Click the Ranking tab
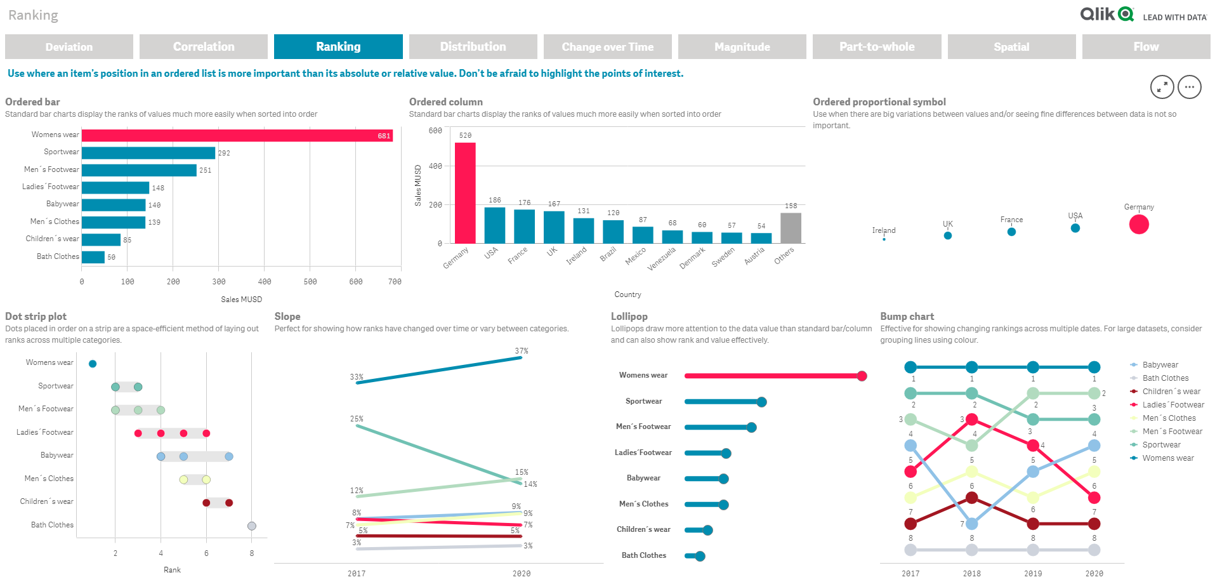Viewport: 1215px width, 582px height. click(338, 46)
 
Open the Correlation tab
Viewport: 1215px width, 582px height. click(204, 46)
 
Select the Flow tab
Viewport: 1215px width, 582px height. click(1146, 46)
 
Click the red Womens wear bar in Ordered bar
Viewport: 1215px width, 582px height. click(237, 135)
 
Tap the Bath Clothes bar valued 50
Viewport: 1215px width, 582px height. click(93, 257)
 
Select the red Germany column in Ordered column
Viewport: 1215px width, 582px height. click(465, 192)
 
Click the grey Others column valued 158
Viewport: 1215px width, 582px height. click(791, 227)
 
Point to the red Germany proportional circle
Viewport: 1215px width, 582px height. click(1139, 224)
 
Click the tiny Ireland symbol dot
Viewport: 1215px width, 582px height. click(884, 239)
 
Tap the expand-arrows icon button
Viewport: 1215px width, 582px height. click(1162, 87)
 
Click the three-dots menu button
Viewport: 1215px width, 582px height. click(1190, 87)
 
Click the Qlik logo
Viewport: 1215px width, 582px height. click(1107, 14)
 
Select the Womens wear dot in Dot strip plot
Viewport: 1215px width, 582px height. click(93, 364)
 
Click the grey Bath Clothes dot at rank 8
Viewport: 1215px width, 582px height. click(252, 526)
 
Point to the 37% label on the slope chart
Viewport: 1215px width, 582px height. click(522, 351)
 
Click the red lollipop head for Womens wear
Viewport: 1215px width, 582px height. click(862, 376)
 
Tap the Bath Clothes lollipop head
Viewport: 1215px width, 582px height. click(700, 556)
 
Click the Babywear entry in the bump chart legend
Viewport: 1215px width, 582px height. click(1160, 365)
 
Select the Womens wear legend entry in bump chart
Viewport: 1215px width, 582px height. click(1167, 458)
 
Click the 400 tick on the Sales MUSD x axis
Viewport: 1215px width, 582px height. click(265, 282)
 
